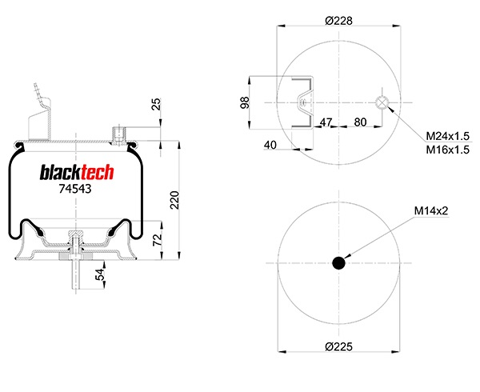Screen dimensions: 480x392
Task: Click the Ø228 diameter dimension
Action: [338, 21]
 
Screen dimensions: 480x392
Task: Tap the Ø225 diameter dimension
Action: [338, 346]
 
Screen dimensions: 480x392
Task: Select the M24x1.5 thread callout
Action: [447, 135]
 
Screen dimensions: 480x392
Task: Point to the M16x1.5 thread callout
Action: [447, 150]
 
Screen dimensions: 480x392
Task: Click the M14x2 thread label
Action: [431, 210]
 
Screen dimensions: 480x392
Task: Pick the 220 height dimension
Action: [174, 200]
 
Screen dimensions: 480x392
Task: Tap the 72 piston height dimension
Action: [158, 240]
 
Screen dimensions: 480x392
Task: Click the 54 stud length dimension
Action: [100, 274]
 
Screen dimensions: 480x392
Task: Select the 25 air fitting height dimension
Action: [156, 104]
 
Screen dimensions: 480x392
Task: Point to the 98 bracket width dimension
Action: [244, 103]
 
